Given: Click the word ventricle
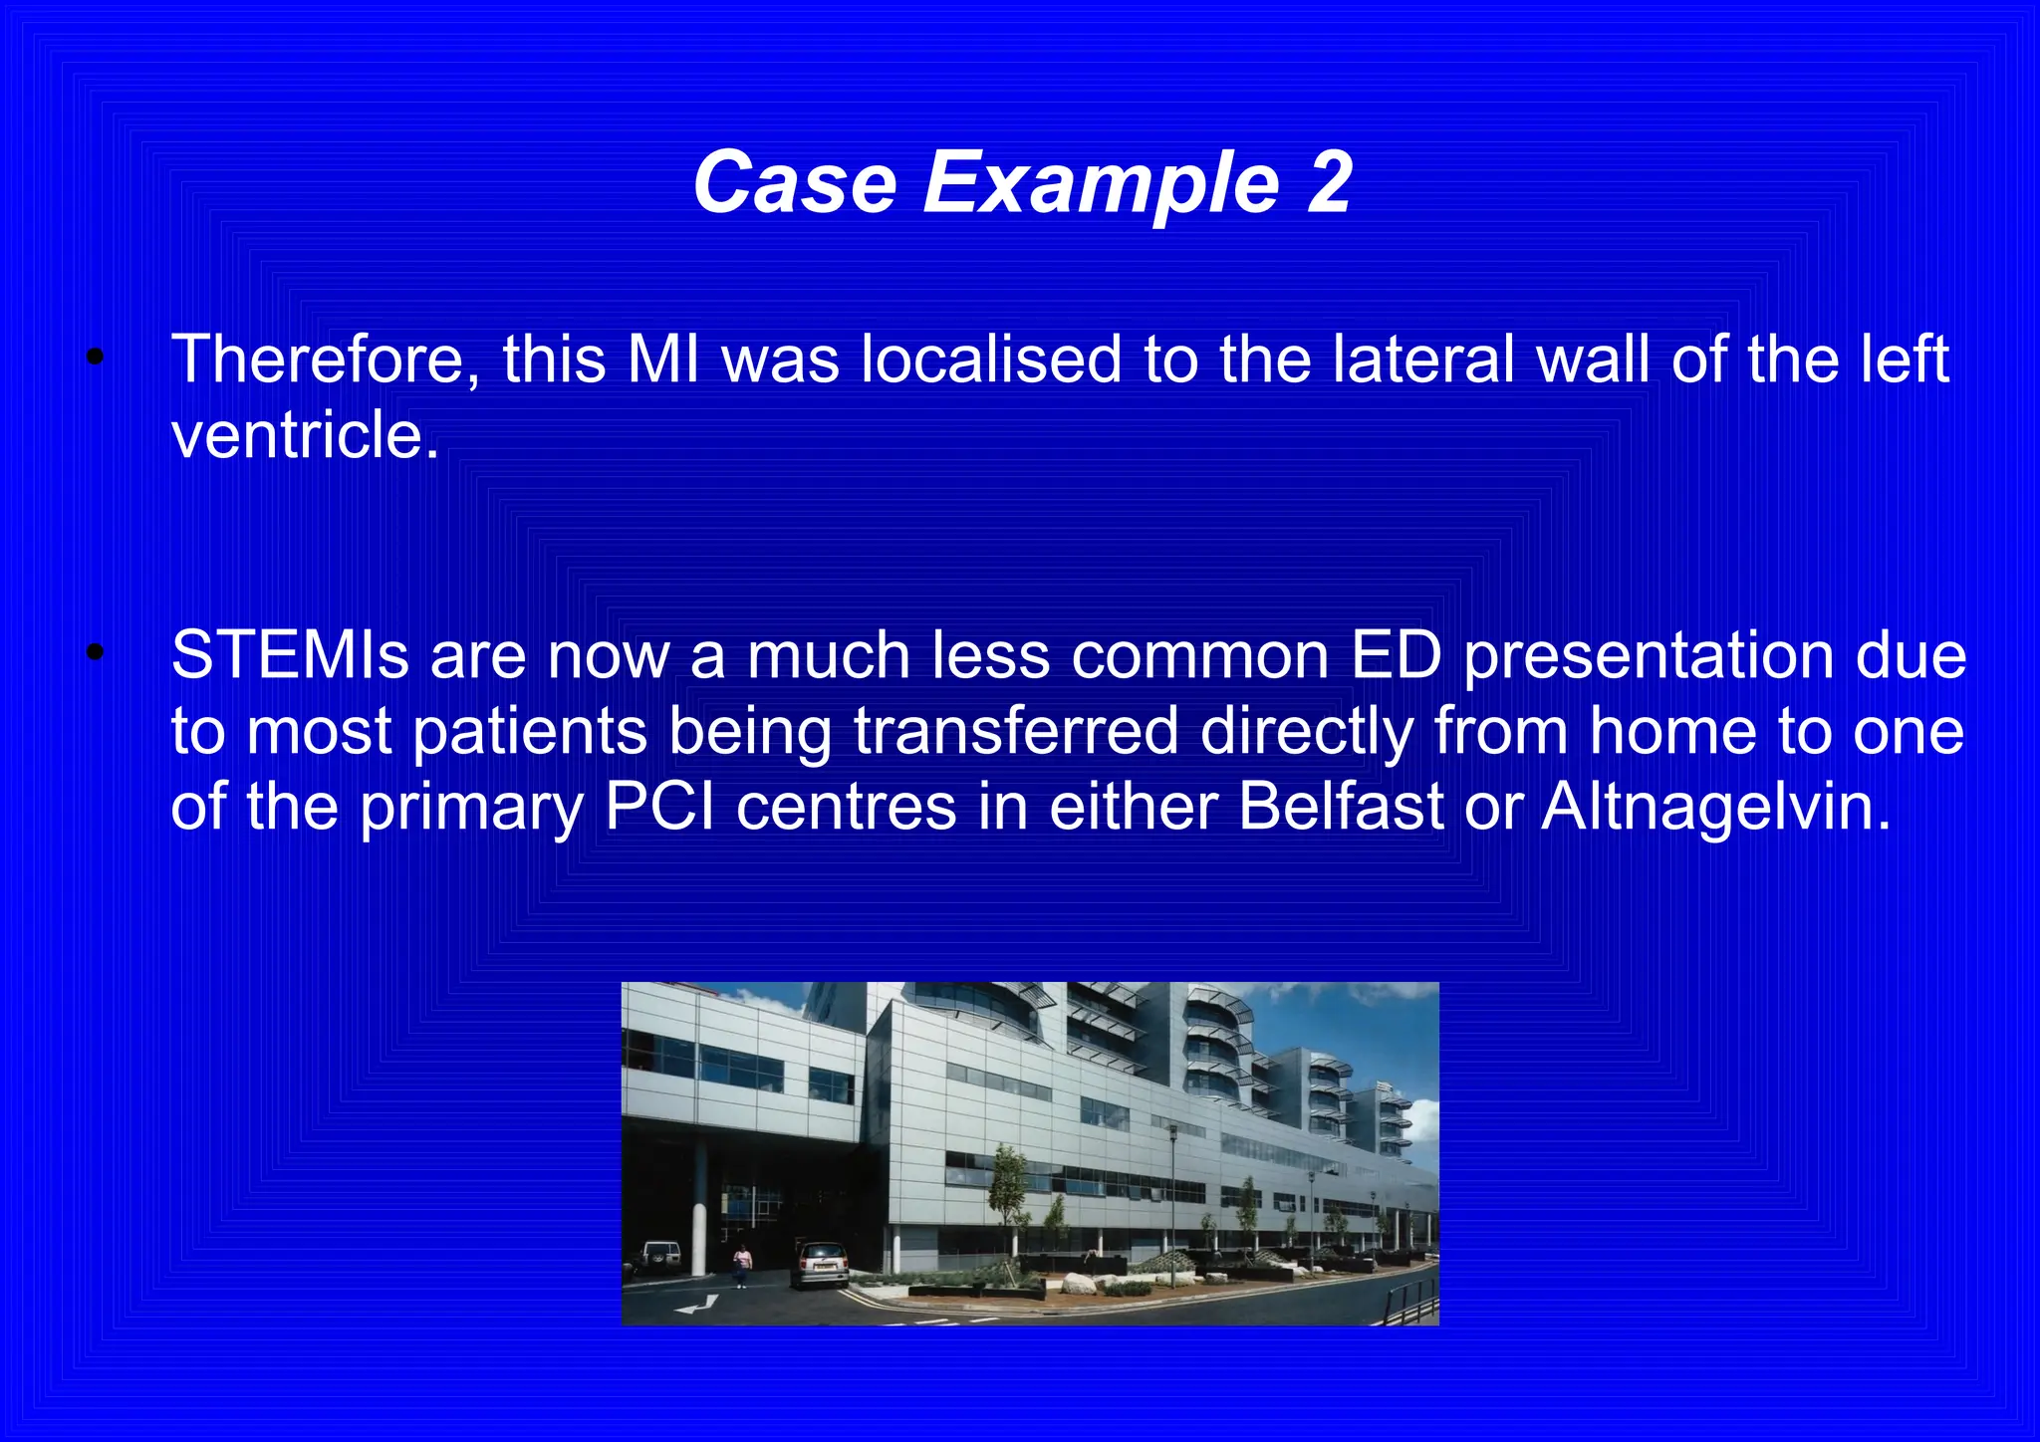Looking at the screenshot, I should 304,436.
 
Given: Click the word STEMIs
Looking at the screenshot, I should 290,656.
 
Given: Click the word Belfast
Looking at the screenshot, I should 1340,807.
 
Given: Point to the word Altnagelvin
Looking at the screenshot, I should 1714,807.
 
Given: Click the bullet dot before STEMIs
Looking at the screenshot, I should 95,653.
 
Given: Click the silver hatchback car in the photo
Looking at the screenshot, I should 822,1265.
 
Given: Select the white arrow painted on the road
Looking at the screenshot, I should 697,1304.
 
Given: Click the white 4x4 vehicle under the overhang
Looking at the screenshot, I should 658,1257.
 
